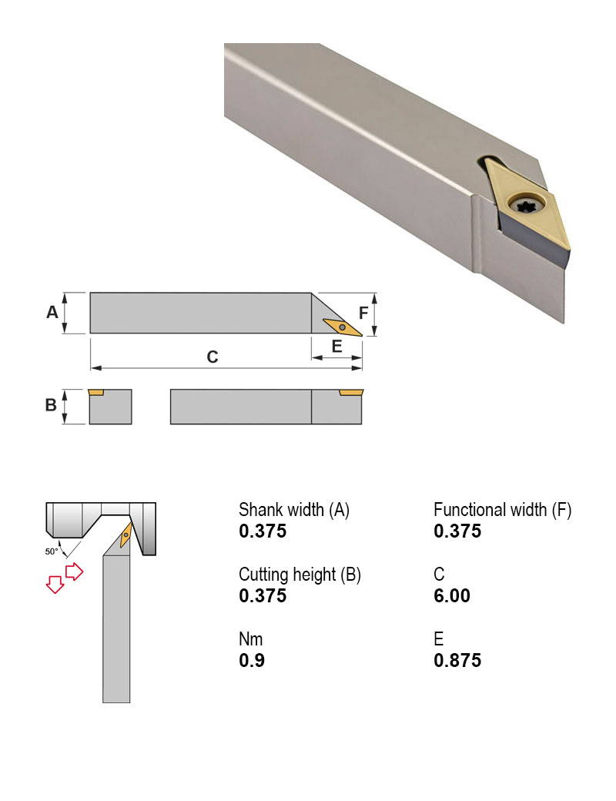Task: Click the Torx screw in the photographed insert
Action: click(x=526, y=206)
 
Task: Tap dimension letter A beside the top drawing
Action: click(x=52, y=312)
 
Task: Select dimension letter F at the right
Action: click(x=363, y=313)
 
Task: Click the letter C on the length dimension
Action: click(x=213, y=357)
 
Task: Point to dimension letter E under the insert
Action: click(x=336, y=347)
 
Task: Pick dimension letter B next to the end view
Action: click(x=51, y=405)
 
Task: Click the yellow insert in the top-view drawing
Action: click(x=342, y=327)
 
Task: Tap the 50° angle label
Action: click(x=51, y=551)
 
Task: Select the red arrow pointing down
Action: click(x=55, y=584)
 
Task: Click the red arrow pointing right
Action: click(x=75, y=571)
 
